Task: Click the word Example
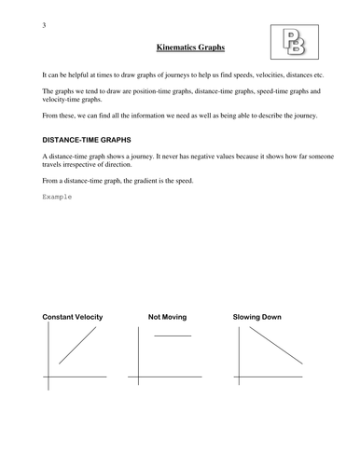[x=58, y=198]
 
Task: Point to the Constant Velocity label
[x=73, y=318]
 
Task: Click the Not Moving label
[x=168, y=318]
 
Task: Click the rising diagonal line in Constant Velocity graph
[x=76, y=347]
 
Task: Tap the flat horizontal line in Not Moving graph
[x=172, y=335]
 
